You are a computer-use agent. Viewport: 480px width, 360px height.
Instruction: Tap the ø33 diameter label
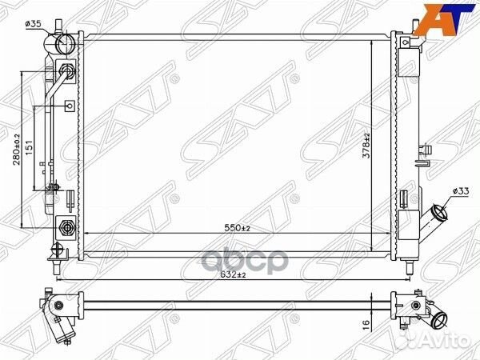(x=461, y=191)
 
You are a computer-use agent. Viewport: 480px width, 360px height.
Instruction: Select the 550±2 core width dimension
(x=237, y=228)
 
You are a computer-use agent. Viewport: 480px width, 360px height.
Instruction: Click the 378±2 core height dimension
(x=366, y=146)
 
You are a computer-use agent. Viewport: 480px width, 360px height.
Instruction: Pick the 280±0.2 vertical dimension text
(x=16, y=150)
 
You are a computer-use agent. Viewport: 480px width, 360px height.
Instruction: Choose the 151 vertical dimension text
(x=29, y=147)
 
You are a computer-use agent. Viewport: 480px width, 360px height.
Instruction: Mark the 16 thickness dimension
(x=366, y=322)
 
